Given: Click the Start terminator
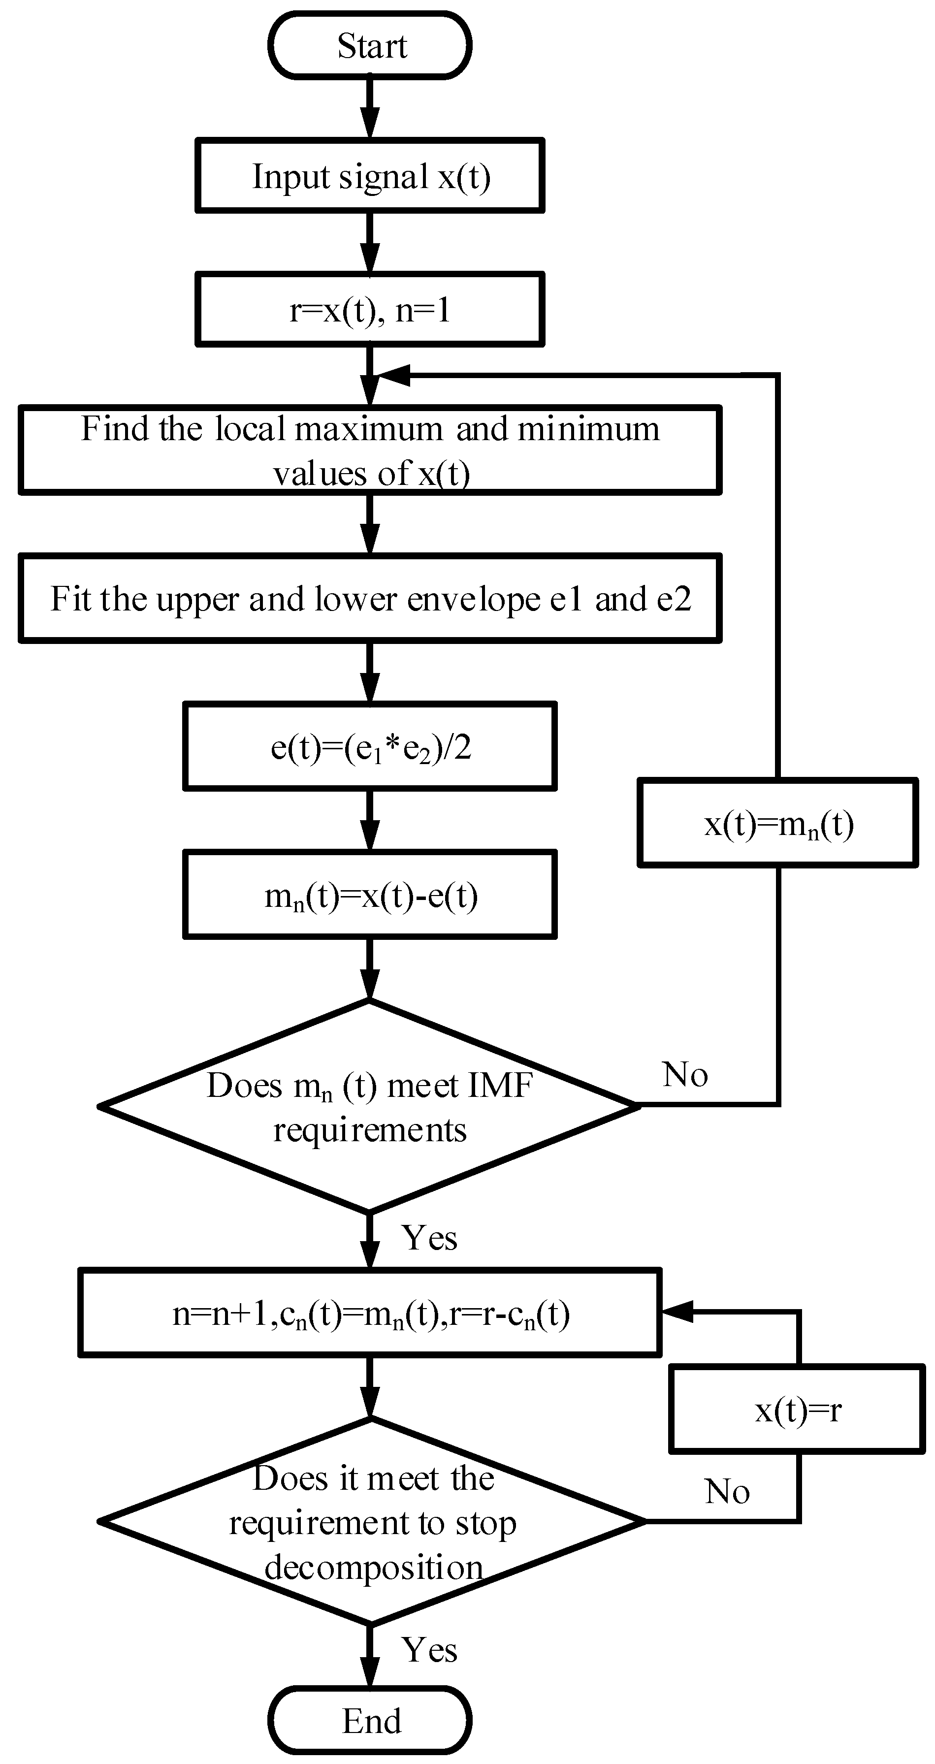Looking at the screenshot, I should pos(370,46).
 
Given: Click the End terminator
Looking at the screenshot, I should pos(370,1721).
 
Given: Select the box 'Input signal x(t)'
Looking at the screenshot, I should pos(370,176).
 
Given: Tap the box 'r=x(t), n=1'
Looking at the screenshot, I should pos(370,310).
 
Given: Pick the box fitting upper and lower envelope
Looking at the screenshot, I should pos(370,599).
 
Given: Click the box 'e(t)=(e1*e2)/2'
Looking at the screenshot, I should pos(370,746).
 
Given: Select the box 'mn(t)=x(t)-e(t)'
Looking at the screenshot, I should pos(370,895).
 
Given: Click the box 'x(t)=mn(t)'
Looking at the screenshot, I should pos(777,823).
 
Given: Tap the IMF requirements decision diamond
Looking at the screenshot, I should pos(370,1106).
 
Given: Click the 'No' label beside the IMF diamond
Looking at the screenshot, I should pos(684,1074).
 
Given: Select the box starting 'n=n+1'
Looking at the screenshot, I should pos(370,1313).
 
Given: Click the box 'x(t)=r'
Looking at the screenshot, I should pos(797,1410).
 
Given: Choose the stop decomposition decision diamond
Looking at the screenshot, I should pos(370,1522).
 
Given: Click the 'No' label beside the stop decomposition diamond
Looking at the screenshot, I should pos(727,1491).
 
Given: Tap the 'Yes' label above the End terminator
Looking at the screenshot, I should pos(429,1650).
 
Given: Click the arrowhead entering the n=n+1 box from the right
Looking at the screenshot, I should pos(677,1312).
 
